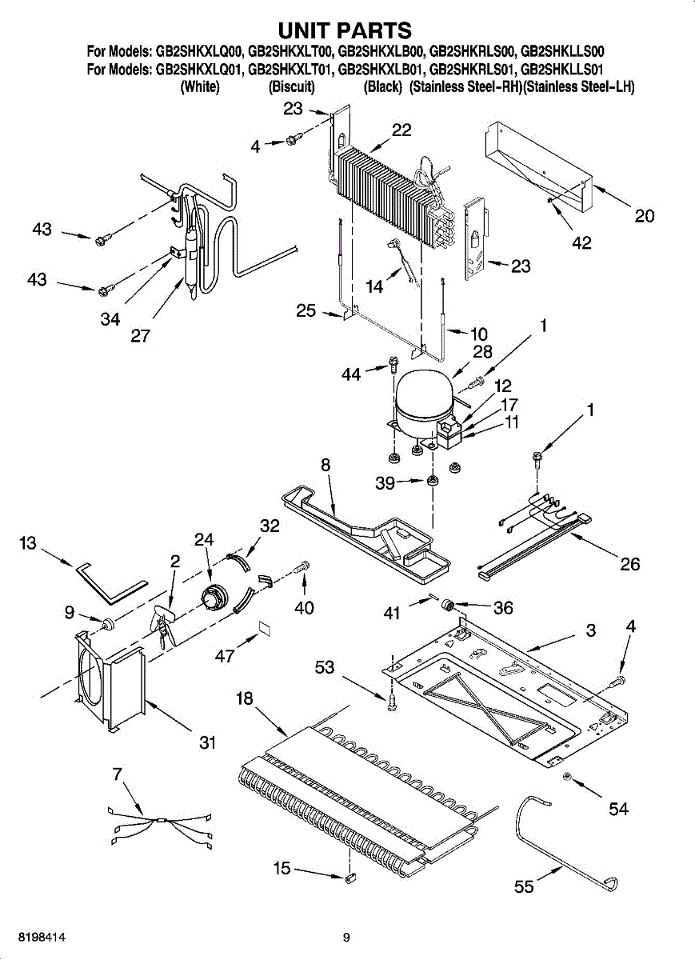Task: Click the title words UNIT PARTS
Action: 345,30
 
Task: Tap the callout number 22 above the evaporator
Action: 401,130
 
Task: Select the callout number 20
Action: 644,215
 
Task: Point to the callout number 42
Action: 581,243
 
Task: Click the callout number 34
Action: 110,319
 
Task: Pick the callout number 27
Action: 140,336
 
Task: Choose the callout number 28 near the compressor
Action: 482,351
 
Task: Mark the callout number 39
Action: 385,483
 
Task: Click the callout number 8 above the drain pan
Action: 326,465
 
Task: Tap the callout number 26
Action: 630,564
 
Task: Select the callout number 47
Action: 225,656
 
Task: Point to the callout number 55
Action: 524,886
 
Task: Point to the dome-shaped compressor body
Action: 424,399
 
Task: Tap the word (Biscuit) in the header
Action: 291,87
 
